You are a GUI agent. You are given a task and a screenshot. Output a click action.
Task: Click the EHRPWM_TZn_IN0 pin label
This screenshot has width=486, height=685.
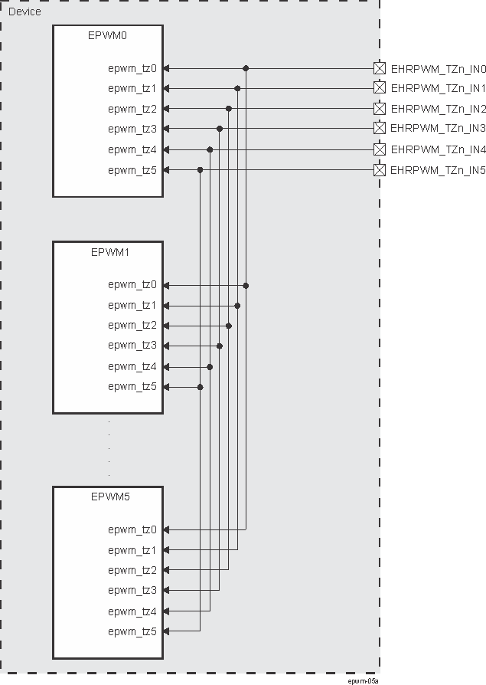[x=438, y=68]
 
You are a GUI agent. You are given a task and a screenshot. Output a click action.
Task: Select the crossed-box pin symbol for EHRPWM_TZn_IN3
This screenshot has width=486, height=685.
[x=379, y=128]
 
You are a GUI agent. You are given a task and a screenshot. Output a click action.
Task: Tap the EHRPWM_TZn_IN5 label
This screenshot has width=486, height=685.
[x=438, y=170]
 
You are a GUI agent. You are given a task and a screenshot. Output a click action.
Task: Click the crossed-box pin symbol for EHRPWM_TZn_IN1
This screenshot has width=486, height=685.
[x=379, y=87]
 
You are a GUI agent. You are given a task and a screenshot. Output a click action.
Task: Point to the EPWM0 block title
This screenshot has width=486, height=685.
[x=108, y=35]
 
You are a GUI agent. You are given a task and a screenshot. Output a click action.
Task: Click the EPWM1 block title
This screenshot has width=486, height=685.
[x=108, y=251]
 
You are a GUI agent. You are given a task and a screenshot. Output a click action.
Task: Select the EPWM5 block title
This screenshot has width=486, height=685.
[x=108, y=497]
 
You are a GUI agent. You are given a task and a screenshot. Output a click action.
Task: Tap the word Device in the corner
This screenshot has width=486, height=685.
[x=24, y=12]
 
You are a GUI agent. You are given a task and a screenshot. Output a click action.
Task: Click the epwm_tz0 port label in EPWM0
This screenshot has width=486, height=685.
[x=132, y=68]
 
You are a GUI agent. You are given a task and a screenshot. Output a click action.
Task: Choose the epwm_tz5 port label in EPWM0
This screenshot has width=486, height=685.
[x=132, y=170]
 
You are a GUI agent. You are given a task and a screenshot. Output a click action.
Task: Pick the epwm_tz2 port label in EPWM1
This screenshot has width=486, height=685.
[x=132, y=325]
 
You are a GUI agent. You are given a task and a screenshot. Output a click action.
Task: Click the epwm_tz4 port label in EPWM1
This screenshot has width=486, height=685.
[x=132, y=366]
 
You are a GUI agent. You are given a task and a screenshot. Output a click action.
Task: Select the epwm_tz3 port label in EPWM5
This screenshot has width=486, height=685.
[x=132, y=590]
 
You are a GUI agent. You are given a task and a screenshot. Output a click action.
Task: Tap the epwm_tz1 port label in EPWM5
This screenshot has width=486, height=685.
[x=132, y=550]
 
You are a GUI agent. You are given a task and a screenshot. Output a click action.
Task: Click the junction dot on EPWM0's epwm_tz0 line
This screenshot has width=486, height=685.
[x=246, y=68]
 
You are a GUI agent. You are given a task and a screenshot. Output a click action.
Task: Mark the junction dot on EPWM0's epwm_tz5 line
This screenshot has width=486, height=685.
[x=200, y=169]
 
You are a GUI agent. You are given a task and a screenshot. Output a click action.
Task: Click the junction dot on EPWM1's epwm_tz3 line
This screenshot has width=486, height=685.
[x=220, y=346]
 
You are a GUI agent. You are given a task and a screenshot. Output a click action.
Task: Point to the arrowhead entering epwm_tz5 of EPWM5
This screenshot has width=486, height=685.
[x=167, y=631]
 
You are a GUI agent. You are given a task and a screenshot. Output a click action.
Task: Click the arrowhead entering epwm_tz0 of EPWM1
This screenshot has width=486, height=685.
[x=167, y=285]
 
